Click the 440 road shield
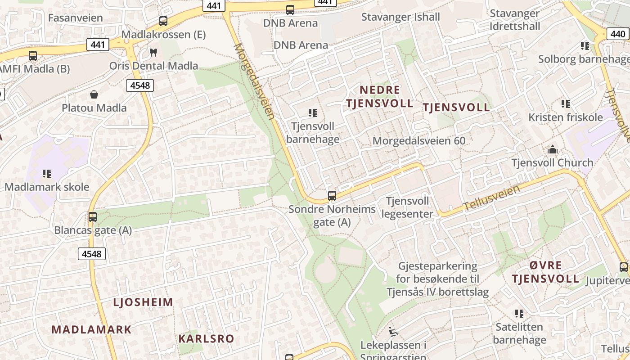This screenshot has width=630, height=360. [x=618, y=34]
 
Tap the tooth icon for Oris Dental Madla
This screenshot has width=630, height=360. [x=153, y=52]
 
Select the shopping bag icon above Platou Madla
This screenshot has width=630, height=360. [x=94, y=94]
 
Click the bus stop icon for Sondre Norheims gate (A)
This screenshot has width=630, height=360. [x=332, y=196]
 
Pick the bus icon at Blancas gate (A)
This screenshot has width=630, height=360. [x=93, y=216]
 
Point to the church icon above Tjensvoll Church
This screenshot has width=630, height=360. [x=552, y=149]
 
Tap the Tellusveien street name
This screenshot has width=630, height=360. [x=492, y=198]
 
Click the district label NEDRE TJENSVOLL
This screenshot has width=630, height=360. [x=379, y=96]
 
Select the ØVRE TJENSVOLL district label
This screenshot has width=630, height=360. [x=545, y=272]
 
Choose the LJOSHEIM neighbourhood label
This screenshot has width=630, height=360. [x=143, y=302]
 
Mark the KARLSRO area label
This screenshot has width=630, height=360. [x=207, y=338]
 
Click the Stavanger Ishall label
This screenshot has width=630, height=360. [x=400, y=17]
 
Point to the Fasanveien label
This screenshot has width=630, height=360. [x=75, y=18]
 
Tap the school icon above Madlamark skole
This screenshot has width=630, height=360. [x=47, y=173]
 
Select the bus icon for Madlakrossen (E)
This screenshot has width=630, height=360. [x=163, y=21]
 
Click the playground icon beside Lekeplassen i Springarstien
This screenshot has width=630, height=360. [x=393, y=332]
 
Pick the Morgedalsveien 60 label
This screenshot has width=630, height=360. [x=419, y=141]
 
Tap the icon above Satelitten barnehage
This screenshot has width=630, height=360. [x=519, y=313]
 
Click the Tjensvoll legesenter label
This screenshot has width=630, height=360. [x=407, y=207]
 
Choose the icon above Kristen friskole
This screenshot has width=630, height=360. [x=566, y=104]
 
